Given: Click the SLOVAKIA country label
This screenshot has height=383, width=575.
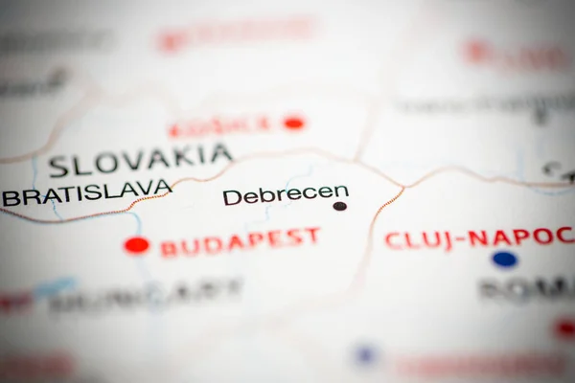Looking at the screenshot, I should [140, 160].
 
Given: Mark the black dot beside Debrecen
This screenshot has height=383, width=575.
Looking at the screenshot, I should [339, 206].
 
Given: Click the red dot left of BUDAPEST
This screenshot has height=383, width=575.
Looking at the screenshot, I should [136, 245].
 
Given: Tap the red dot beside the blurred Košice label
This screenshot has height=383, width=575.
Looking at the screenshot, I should [293, 123].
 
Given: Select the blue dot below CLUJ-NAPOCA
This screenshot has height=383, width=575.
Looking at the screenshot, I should [504, 259].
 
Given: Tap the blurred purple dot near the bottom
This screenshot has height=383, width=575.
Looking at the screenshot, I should [364, 355].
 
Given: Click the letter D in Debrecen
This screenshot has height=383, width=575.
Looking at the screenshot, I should [231, 197].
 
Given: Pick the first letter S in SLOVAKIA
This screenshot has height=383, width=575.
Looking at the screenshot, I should [58, 167].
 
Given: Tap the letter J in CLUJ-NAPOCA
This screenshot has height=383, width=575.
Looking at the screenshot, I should [444, 238].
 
